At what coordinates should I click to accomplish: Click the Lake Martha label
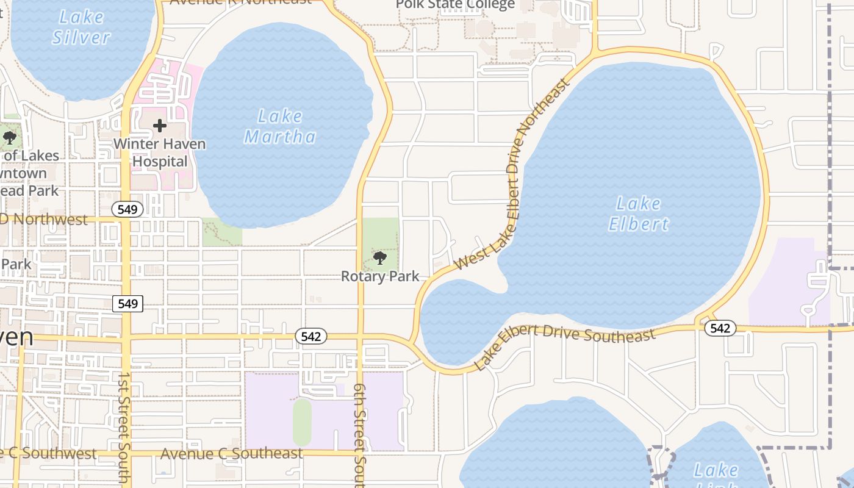[x=280, y=126]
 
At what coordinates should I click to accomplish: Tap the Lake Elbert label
[x=639, y=213]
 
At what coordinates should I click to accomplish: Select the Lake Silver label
[x=81, y=27]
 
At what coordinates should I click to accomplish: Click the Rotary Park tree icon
[x=380, y=258]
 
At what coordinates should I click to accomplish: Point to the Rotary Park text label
[x=380, y=276]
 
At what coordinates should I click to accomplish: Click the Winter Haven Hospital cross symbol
[x=160, y=126]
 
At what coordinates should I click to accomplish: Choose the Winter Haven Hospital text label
[x=160, y=153]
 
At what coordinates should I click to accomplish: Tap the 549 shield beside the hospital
[x=127, y=209]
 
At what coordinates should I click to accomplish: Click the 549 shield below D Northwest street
[x=127, y=303]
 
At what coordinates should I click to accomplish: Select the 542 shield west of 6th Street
[x=311, y=336]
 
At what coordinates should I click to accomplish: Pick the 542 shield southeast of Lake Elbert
[x=720, y=328]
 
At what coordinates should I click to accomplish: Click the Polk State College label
[x=455, y=5]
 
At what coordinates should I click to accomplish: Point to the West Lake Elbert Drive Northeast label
[x=512, y=177]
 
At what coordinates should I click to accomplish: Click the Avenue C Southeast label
[x=231, y=454]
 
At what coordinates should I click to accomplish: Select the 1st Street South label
[x=124, y=427]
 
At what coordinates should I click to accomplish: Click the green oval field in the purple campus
[x=302, y=422]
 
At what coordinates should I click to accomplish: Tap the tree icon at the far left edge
[x=9, y=137]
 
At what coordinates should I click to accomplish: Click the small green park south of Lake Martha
[x=221, y=233]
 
